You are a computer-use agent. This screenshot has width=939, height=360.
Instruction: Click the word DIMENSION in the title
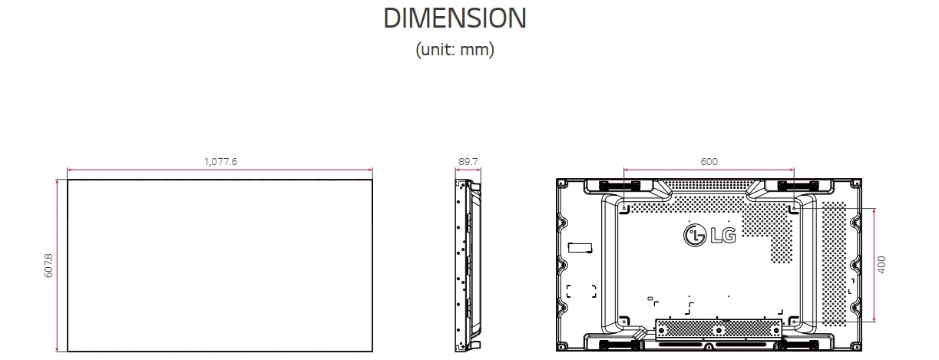(455, 18)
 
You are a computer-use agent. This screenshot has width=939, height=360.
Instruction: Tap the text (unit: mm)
(455, 50)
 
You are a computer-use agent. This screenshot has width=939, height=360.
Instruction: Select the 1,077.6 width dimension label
(220, 161)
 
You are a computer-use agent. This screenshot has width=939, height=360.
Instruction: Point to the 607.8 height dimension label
(49, 265)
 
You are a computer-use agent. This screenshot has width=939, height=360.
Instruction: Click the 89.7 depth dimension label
(468, 161)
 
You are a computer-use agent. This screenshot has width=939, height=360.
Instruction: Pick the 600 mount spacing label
(709, 161)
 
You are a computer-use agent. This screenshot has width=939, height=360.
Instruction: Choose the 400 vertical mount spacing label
(882, 264)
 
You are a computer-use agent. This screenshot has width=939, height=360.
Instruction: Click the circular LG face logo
(693, 235)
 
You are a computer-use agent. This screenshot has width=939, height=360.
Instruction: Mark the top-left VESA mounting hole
(624, 207)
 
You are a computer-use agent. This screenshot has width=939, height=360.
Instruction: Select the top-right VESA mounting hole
(794, 207)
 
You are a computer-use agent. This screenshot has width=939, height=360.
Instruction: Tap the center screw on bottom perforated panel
(719, 330)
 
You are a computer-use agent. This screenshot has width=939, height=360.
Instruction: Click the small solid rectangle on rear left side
(580, 246)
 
